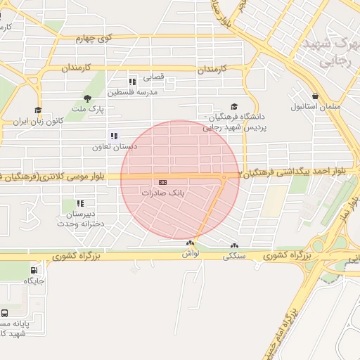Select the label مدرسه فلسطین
[132, 92]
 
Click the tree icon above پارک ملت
[87, 98]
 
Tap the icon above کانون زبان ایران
[38, 110]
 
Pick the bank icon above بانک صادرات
[163, 181]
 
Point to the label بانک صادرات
[162, 192]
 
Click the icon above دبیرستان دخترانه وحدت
[80, 203]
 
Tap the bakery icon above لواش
[189, 244]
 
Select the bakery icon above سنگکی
[234, 246]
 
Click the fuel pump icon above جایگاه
[34, 270]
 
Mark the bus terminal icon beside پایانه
[5, 313]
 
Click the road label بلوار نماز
[345, 207]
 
